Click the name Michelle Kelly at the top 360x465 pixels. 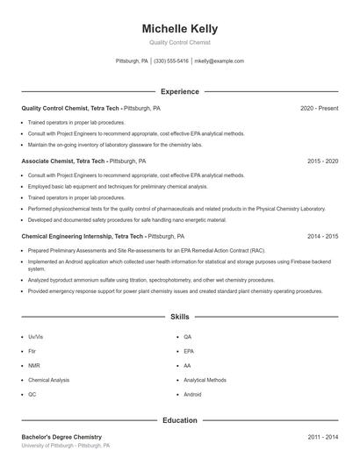coord(179,28)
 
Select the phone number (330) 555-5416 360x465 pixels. coord(171,61)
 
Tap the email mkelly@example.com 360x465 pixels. coord(219,61)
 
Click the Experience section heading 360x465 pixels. coord(179,91)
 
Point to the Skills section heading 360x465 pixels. coord(179,317)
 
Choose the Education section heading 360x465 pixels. coord(179,420)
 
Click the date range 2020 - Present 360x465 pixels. coord(319,108)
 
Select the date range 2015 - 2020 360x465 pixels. coord(322,161)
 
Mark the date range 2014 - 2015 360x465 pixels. coord(322,236)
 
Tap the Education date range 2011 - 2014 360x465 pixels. coord(322,437)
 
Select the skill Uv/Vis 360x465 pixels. coord(36,337)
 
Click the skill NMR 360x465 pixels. coord(34,366)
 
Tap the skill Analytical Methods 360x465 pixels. coord(205,380)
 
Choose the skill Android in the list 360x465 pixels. coord(193,395)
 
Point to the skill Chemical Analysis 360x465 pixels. coord(48,380)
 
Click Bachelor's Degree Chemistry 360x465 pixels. coord(61,437)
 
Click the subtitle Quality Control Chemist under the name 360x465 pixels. coord(179,42)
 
